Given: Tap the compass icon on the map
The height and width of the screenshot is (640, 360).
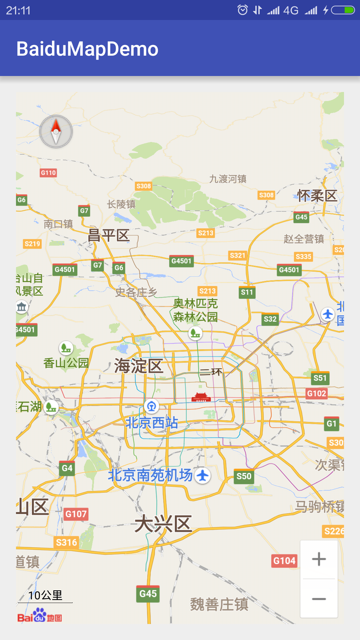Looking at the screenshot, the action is pyautogui.click(x=56, y=132).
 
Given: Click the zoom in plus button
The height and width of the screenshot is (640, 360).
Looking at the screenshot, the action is pyautogui.click(x=319, y=559).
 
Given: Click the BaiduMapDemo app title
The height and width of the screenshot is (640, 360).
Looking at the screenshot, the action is pyautogui.click(x=87, y=49).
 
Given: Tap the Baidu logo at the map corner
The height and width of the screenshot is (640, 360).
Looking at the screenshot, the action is pyautogui.click(x=39, y=616).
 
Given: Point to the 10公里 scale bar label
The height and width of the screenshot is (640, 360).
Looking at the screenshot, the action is pyautogui.click(x=45, y=595).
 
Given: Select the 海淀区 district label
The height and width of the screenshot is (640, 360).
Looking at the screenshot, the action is pyautogui.click(x=138, y=366).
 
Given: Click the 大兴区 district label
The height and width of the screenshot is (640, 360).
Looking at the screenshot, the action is pyautogui.click(x=163, y=524).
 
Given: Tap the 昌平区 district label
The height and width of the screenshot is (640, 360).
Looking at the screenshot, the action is pyautogui.click(x=108, y=235).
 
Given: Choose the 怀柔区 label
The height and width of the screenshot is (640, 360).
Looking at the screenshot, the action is pyautogui.click(x=317, y=196).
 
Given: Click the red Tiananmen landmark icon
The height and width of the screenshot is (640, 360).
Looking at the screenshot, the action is pyautogui.click(x=201, y=397).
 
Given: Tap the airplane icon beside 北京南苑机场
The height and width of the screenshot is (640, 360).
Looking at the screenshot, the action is pyautogui.click(x=203, y=476).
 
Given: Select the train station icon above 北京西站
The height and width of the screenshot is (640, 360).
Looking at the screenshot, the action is pyautogui.click(x=152, y=406).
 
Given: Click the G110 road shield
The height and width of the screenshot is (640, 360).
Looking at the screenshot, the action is pyautogui.click(x=48, y=173).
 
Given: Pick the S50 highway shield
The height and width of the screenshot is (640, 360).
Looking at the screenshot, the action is pyautogui.click(x=244, y=476).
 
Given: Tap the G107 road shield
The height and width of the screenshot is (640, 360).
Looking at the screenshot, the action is pyautogui.click(x=76, y=514).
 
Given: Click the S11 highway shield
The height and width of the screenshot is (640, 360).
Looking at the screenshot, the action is pyautogui.click(x=247, y=292).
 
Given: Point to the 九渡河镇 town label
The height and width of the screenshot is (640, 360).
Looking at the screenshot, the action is pyautogui.click(x=228, y=179).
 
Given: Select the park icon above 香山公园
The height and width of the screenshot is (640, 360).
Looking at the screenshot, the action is pyautogui.click(x=66, y=348).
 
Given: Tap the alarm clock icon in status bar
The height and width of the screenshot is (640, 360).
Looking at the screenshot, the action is pyautogui.click(x=243, y=10).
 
